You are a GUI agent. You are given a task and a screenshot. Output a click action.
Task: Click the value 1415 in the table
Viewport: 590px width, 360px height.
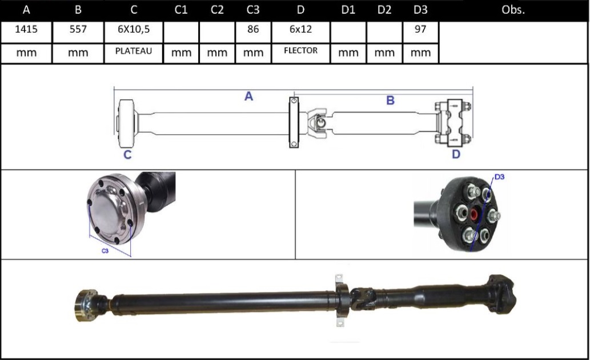26,30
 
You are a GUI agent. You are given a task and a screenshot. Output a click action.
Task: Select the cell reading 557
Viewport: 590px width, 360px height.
78,30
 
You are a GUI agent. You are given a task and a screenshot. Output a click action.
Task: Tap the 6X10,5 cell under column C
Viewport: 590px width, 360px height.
134,30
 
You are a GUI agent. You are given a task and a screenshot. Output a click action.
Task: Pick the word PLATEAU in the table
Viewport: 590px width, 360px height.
134,51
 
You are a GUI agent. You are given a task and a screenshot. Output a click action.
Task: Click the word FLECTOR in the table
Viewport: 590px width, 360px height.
300,51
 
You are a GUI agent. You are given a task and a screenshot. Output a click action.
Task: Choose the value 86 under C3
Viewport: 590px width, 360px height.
253,30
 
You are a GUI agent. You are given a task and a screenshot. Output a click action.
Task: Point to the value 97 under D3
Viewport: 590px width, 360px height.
420,30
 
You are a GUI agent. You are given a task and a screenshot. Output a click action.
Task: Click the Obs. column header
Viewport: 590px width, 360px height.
512,10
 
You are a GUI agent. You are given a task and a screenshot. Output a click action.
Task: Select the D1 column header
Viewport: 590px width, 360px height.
348,10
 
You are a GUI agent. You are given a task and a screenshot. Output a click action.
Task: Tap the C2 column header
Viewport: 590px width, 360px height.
217,10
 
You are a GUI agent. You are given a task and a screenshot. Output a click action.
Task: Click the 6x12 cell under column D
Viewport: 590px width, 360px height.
300,30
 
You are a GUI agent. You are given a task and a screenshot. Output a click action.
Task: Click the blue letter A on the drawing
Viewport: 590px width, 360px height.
249,97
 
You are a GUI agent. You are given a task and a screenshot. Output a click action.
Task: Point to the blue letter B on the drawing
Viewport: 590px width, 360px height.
391,101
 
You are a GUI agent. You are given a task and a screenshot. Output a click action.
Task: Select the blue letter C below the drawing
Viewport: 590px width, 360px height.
127,154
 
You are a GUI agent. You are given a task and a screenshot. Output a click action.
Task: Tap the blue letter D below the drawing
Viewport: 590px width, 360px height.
456,154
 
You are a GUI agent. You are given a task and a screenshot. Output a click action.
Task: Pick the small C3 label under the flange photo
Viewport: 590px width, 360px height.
105,251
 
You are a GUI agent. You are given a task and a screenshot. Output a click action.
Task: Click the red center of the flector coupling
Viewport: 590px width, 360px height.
474,215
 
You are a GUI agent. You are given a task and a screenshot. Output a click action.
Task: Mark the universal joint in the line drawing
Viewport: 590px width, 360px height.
319,122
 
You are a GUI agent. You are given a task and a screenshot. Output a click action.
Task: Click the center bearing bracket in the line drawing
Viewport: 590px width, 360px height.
294,122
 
